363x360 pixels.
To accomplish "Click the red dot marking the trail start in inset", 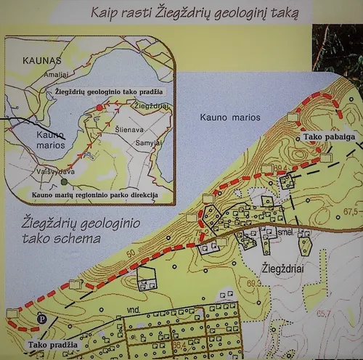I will click(x=99, y=108).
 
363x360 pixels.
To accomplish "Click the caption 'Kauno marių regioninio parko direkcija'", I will click(x=94, y=195).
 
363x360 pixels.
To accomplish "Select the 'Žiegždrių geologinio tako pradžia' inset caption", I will click(x=108, y=92).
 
